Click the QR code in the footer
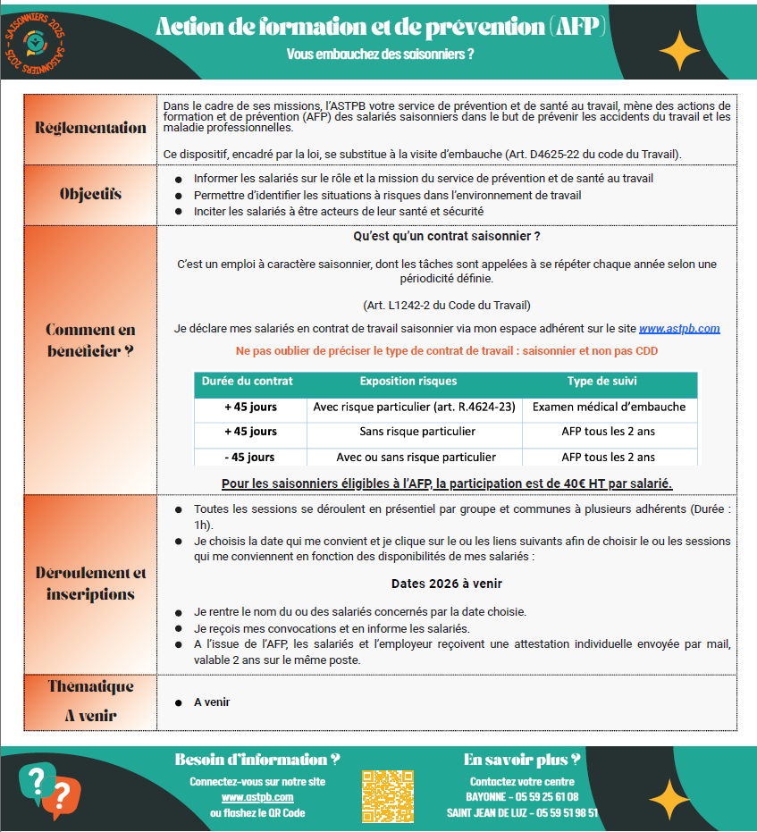click(388, 795)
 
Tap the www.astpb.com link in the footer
click(257, 796)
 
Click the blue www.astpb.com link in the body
click(679, 329)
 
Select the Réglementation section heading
click(90, 128)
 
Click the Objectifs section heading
click(90, 194)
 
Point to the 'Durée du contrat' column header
click(247, 381)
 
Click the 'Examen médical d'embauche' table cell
click(610, 407)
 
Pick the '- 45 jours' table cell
click(250, 457)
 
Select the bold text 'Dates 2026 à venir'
click(447, 584)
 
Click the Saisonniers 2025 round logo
click(35, 41)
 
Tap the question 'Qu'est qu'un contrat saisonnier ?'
click(447, 237)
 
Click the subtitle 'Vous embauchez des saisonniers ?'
click(380, 54)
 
